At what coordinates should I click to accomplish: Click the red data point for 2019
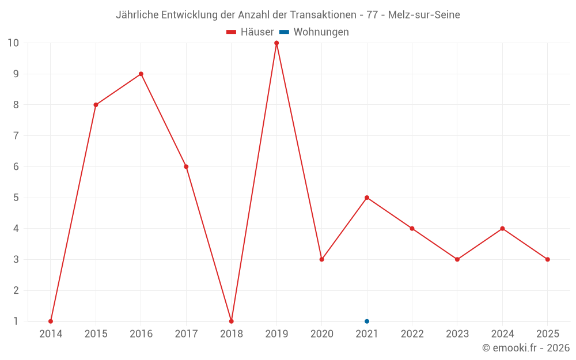pyautogui.click(x=276, y=43)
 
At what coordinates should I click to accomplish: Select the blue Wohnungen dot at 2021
pyautogui.click(x=366, y=321)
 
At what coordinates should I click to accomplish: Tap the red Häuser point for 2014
pyautogui.click(x=51, y=321)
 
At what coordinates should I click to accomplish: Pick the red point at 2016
pyautogui.click(x=141, y=74)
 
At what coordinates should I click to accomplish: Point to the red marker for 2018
pyautogui.click(x=232, y=321)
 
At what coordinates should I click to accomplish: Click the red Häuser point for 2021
pyautogui.click(x=366, y=198)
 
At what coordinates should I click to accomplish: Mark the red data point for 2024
pyautogui.click(x=502, y=229)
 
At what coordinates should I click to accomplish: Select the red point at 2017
pyautogui.click(x=186, y=167)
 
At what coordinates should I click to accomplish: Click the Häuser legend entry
pyautogui.click(x=250, y=32)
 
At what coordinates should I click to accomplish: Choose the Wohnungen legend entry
pyautogui.click(x=314, y=32)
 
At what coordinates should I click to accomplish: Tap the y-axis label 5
pyautogui.click(x=16, y=198)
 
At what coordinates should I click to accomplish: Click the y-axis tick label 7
pyautogui.click(x=16, y=136)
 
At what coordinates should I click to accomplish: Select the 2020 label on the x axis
pyautogui.click(x=322, y=334)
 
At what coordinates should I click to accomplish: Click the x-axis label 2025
pyautogui.click(x=548, y=334)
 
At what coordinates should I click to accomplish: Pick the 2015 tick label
pyautogui.click(x=96, y=334)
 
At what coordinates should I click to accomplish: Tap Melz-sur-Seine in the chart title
pyautogui.click(x=424, y=15)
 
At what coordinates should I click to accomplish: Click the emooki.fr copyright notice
pyautogui.click(x=526, y=347)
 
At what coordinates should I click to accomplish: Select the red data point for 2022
pyautogui.click(x=412, y=229)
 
